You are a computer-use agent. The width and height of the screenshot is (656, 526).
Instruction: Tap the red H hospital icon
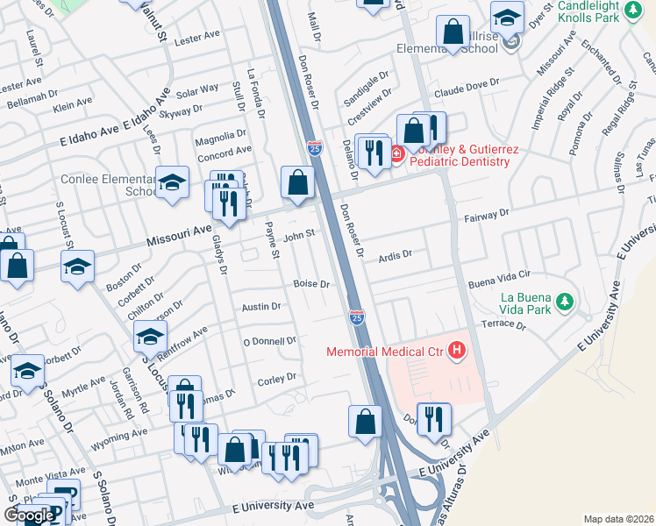coord(456,352)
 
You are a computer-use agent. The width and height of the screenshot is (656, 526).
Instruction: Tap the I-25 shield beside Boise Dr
coord(357,316)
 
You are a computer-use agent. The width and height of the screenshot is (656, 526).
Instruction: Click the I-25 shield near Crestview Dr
coord(315,148)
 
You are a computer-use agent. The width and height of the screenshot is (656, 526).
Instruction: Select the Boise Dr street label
coord(311,284)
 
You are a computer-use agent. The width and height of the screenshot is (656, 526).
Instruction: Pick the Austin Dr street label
coord(261,307)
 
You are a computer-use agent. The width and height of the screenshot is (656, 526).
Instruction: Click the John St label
coord(298,234)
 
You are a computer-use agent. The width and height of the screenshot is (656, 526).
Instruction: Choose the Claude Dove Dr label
coord(470,82)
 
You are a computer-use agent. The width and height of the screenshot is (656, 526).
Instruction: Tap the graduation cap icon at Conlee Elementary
coord(172,181)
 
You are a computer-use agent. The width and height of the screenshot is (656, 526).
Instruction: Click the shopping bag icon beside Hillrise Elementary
coord(453,32)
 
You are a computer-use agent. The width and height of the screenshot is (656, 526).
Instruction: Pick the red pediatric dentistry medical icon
coord(396,154)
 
